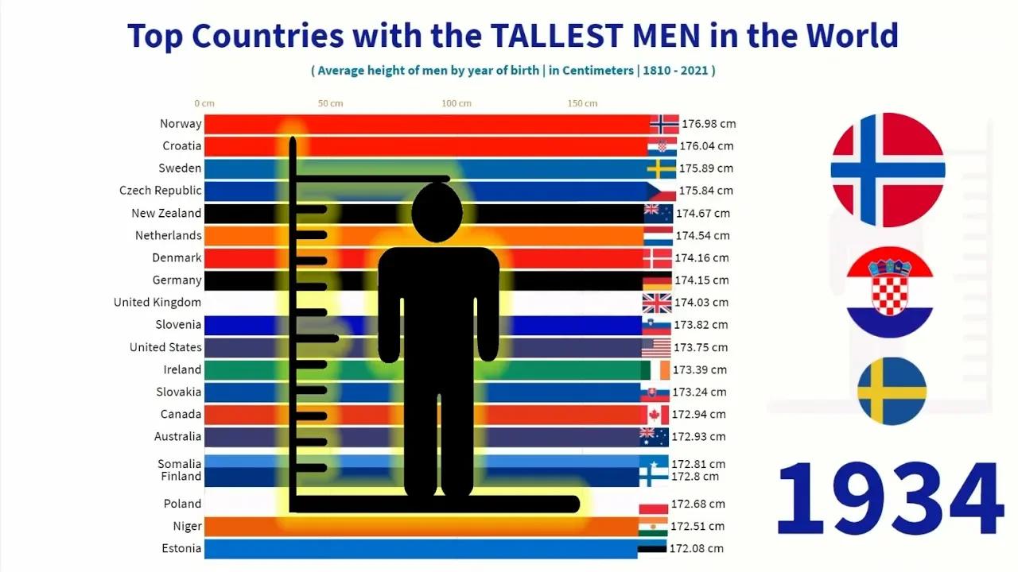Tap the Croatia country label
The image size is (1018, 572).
(182, 145)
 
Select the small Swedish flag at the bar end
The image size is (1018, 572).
(661, 168)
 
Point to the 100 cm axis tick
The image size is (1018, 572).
(457, 103)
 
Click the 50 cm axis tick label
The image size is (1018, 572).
(330, 103)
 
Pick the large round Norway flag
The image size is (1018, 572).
(888, 170)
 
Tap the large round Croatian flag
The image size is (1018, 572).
(889, 292)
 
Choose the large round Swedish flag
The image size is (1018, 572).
(892, 391)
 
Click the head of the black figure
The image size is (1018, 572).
(437, 212)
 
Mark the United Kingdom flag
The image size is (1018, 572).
(657, 303)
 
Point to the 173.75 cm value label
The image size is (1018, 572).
(701, 347)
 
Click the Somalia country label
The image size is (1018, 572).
(180, 463)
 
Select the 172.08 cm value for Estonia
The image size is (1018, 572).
(697, 548)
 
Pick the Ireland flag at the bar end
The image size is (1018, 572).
(655, 369)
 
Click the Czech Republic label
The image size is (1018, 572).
(161, 191)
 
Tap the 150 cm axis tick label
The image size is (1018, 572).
(582, 103)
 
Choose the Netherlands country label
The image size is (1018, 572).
(169, 235)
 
